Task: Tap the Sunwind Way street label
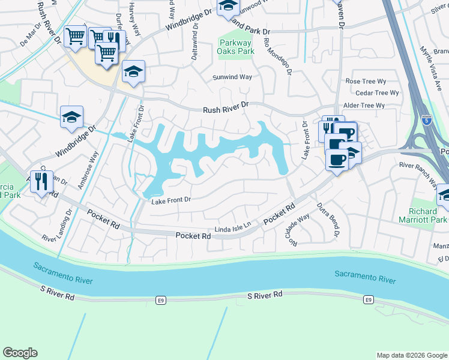[x=232, y=77]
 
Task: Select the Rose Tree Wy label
[x=366, y=81]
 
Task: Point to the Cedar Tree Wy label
[x=377, y=93]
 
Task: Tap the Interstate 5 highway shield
[x=426, y=119]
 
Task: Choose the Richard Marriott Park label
[x=423, y=216]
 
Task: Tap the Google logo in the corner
[x=20, y=353]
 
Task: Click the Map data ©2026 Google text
[x=411, y=355]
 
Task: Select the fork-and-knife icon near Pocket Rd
[x=41, y=181]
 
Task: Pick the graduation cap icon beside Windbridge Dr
[x=71, y=117]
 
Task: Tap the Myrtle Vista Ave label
[x=433, y=61]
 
